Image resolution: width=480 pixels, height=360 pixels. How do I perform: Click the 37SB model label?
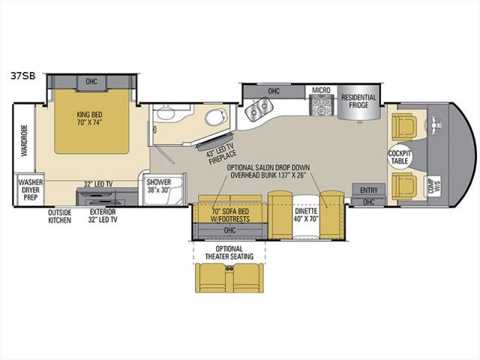23,76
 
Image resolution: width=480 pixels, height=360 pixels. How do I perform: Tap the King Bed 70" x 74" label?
89,118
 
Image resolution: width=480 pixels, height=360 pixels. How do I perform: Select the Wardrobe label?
25,140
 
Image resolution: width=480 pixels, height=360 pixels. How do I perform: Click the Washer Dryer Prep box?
30,190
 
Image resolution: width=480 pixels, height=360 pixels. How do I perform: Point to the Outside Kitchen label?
60,216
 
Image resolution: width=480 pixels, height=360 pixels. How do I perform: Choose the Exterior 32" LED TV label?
103,216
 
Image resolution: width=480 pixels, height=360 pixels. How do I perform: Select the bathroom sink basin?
165,113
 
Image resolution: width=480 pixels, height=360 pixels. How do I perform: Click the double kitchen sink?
259,108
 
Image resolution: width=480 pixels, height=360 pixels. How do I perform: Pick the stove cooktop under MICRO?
322,105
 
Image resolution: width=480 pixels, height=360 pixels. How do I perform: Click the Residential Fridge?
358,103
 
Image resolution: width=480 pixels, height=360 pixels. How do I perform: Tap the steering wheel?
433,124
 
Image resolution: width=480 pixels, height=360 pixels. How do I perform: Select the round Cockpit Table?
400,157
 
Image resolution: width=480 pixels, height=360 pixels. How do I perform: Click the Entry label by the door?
368,190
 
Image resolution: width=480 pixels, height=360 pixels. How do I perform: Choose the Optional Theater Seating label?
229,253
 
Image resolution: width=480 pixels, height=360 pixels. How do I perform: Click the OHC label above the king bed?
91,82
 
